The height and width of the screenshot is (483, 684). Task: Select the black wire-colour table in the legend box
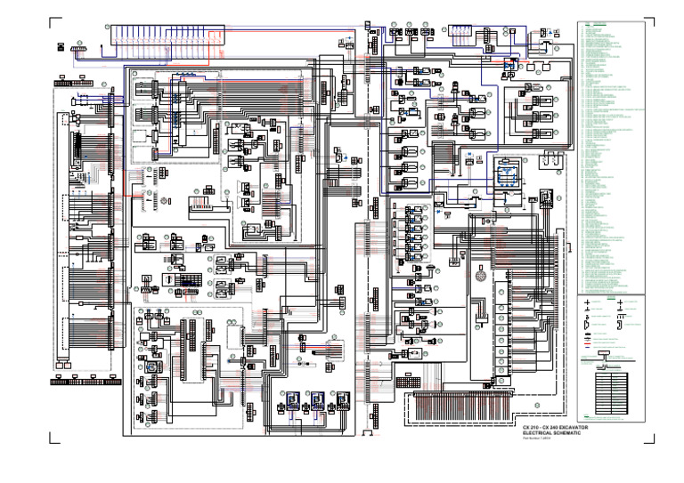[x=614, y=391]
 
